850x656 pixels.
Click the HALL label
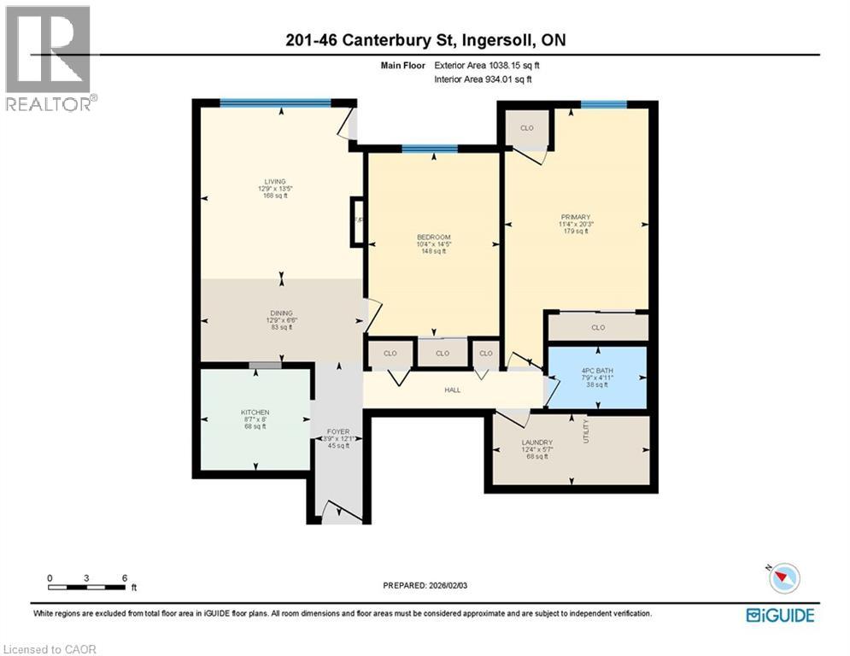point(452,390)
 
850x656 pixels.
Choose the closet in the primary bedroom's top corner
point(527,128)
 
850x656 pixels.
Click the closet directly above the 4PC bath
point(598,327)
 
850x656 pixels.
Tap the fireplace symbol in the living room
point(358,221)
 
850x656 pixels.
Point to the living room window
point(275,103)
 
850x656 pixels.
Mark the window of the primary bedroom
point(603,104)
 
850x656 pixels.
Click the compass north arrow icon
point(783,578)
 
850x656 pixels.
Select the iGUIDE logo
point(780,614)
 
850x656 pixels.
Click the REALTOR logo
point(50,57)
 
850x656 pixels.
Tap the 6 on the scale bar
point(125,578)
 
